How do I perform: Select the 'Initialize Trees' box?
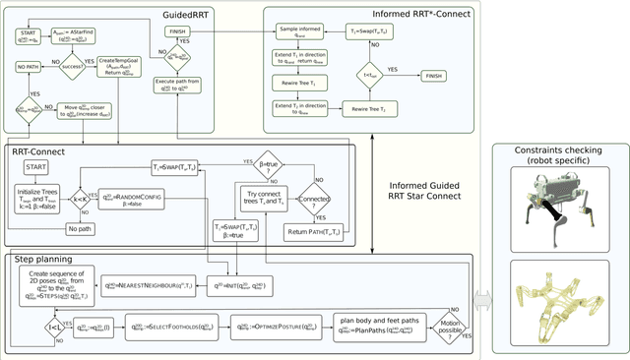[36, 198]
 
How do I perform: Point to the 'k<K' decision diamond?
[78, 198]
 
